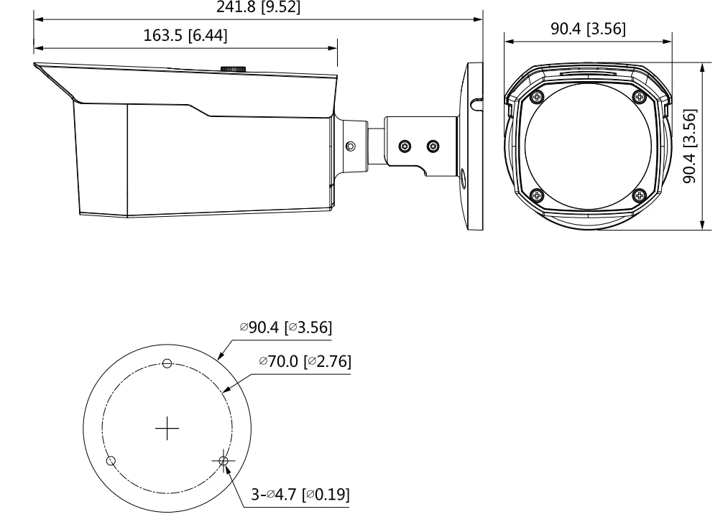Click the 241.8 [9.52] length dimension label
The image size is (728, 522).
pos(258,6)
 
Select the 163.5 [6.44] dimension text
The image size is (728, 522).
pos(185,35)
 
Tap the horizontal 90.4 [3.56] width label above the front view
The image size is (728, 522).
pos(589,29)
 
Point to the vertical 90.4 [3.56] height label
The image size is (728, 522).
pos(690,146)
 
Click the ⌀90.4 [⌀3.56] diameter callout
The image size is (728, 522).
pos(286,327)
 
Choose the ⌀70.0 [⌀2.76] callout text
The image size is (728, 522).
pos(305,361)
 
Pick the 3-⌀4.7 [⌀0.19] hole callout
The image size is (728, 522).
pos(300,495)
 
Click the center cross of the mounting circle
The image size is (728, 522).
pos(167,428)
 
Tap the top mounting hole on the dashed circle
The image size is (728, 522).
pos(167,363)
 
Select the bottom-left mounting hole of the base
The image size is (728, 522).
pos(111,461)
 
